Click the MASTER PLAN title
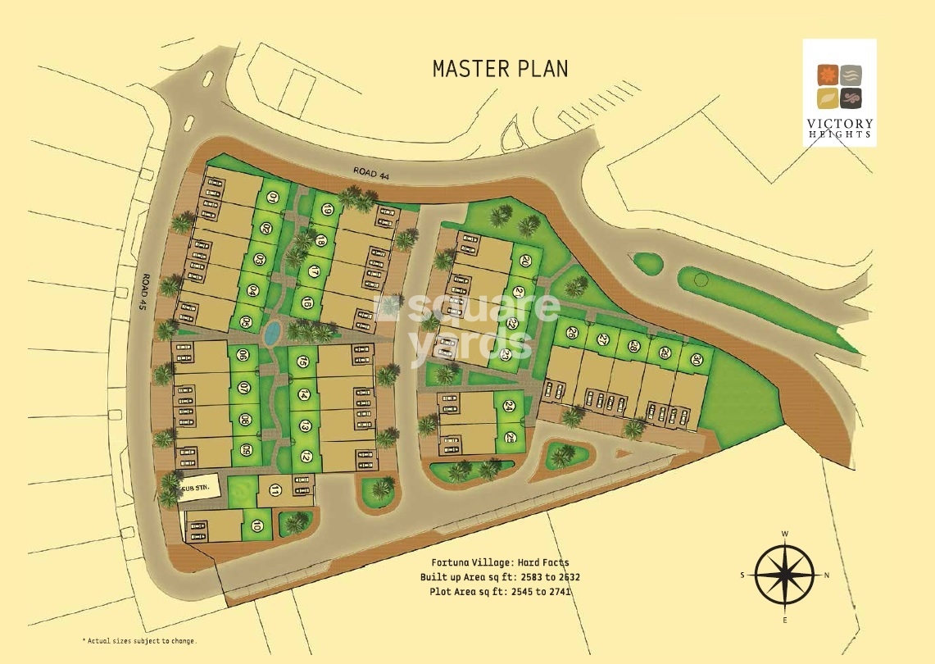click(499, 68)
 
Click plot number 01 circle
click(273, 197)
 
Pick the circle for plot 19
click(326, 210)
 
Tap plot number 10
click(258, 525)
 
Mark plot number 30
click(697, 359)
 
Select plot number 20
click(524, 261)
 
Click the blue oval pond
click(271, 331)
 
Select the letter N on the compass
click(827, 575)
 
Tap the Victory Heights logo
click(840, 92)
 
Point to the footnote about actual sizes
click(139, 640)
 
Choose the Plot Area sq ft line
click(500, 591)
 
